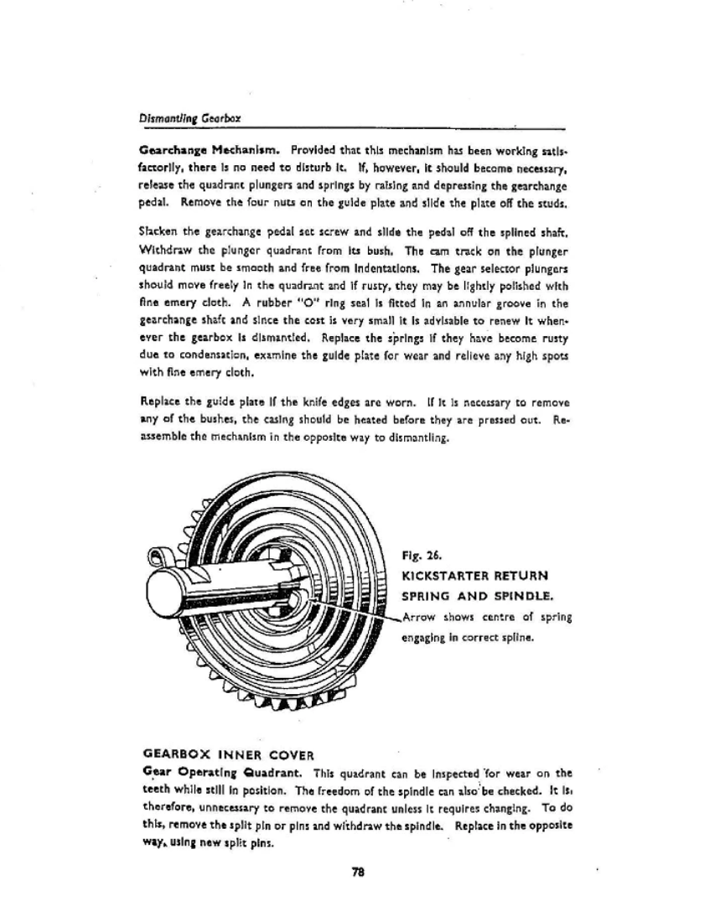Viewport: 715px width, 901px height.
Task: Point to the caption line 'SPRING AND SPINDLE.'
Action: point(475,597)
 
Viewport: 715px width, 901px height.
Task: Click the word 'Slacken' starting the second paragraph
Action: point(158,228)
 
